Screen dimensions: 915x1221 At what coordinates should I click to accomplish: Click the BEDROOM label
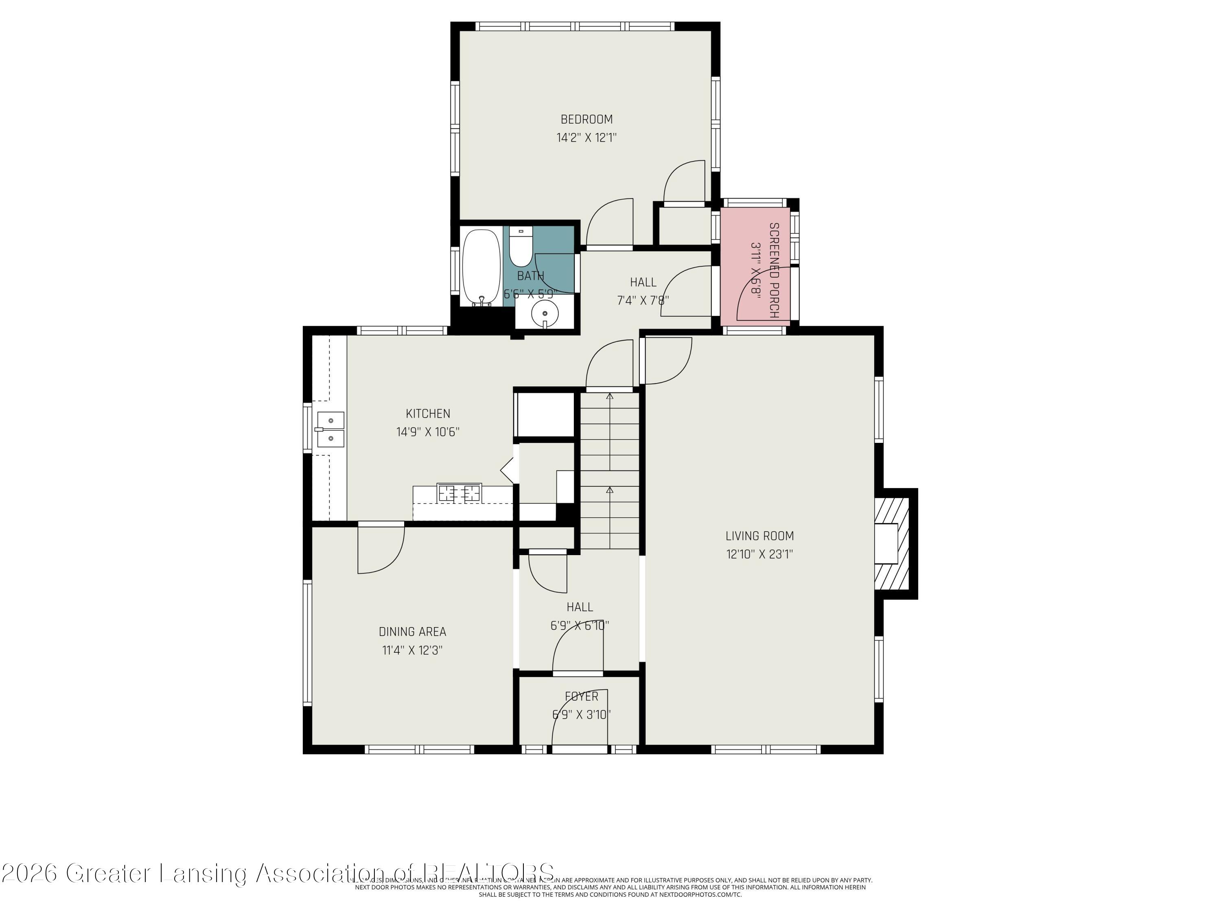coord(586,119)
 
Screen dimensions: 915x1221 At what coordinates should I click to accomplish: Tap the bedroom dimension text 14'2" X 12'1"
coord(586,138)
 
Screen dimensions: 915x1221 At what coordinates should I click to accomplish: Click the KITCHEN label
coord(428,414)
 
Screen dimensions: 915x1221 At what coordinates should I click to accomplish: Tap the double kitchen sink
coord(330,430)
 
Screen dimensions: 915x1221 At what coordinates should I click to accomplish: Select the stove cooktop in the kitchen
coord(459,492)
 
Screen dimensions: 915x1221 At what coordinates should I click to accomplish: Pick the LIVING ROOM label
coord(759,536)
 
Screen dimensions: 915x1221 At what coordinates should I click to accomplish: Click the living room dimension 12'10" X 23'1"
coord(759,554)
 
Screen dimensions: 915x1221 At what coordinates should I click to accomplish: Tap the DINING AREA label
coord(412,632)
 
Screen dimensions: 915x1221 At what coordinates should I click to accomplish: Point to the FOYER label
coord(581,697)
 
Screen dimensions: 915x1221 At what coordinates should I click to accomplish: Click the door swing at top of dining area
coord(381,549)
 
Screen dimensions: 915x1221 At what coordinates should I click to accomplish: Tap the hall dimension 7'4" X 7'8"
coord(643,301)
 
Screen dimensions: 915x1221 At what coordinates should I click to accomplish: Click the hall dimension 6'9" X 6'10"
coord(580,625)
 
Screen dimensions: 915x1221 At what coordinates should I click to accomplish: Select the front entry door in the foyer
coord(580,749)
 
